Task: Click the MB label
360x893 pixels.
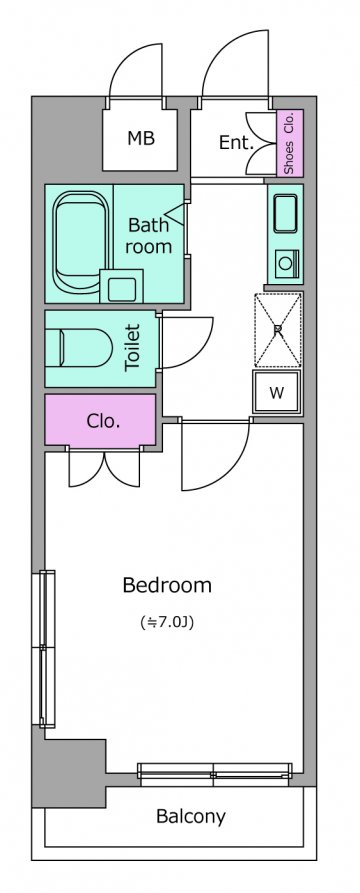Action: pos(141,138)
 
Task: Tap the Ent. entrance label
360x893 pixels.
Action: pos(236,142)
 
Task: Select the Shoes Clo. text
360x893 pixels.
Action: pos(289,142)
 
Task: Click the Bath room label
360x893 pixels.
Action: pos(149,236)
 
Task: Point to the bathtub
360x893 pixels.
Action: pos(80,241)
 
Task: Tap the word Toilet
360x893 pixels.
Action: pos(132,348)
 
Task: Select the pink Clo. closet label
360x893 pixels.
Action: pos(103,421)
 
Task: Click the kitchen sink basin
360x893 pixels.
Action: pos(285,213)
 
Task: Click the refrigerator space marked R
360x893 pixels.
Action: pos(278,329)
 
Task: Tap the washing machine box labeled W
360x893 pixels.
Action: pos(277,392)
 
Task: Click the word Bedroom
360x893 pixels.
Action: pos(167,585)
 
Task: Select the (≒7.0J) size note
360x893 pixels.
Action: pos(167,622)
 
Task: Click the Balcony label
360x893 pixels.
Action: pos(191,817)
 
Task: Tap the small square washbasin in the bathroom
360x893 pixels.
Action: pos(121,286)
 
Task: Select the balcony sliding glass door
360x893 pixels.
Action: pos(215,771)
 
